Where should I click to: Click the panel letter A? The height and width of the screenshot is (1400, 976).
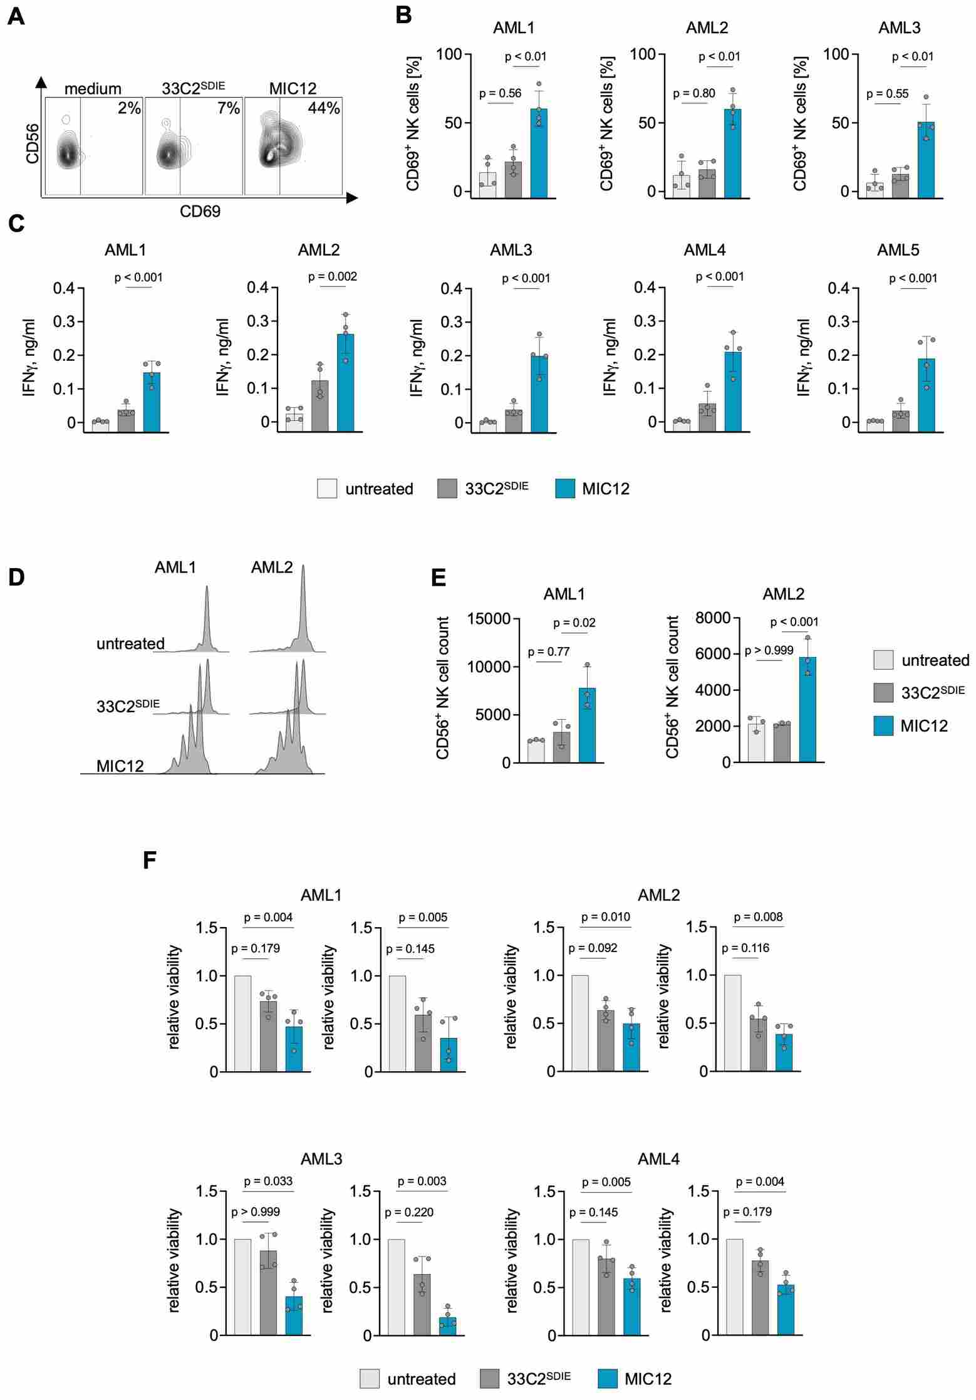pos(16,16)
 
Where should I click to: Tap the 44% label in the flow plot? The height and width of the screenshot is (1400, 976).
pos(323,108)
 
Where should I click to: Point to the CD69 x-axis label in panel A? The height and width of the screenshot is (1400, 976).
pos(200,212)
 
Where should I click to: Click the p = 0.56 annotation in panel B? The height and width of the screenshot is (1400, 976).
pos(500,94)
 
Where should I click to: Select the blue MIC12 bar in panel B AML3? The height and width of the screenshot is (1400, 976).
pos(926,160)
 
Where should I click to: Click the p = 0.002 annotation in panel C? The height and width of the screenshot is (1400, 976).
pos(333,277)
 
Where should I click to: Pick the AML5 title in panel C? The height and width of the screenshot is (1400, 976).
pos(898,250)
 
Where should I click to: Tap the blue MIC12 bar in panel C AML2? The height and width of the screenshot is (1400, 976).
pos(345,383)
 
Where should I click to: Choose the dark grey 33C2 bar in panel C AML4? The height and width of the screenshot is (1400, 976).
pos(707,417)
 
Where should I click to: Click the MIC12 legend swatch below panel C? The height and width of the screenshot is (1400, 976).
pos(565,489)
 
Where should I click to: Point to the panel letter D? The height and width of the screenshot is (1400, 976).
pos(16,577)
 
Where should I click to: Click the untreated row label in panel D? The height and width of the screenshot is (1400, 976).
pos(130,643)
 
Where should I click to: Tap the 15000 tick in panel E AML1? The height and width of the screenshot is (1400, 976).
pos(489,619)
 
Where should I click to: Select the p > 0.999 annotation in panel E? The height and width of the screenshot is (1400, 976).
pos(769,651)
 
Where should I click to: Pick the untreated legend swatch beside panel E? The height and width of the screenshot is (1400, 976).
pos(883,660)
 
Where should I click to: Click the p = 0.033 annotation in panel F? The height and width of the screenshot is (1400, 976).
pos(268,1181)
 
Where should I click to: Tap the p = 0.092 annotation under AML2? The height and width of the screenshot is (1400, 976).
pos(593,948)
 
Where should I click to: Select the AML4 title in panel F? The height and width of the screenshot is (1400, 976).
pos(658,1159)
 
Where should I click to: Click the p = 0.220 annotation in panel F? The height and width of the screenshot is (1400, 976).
pos(409,1212)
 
